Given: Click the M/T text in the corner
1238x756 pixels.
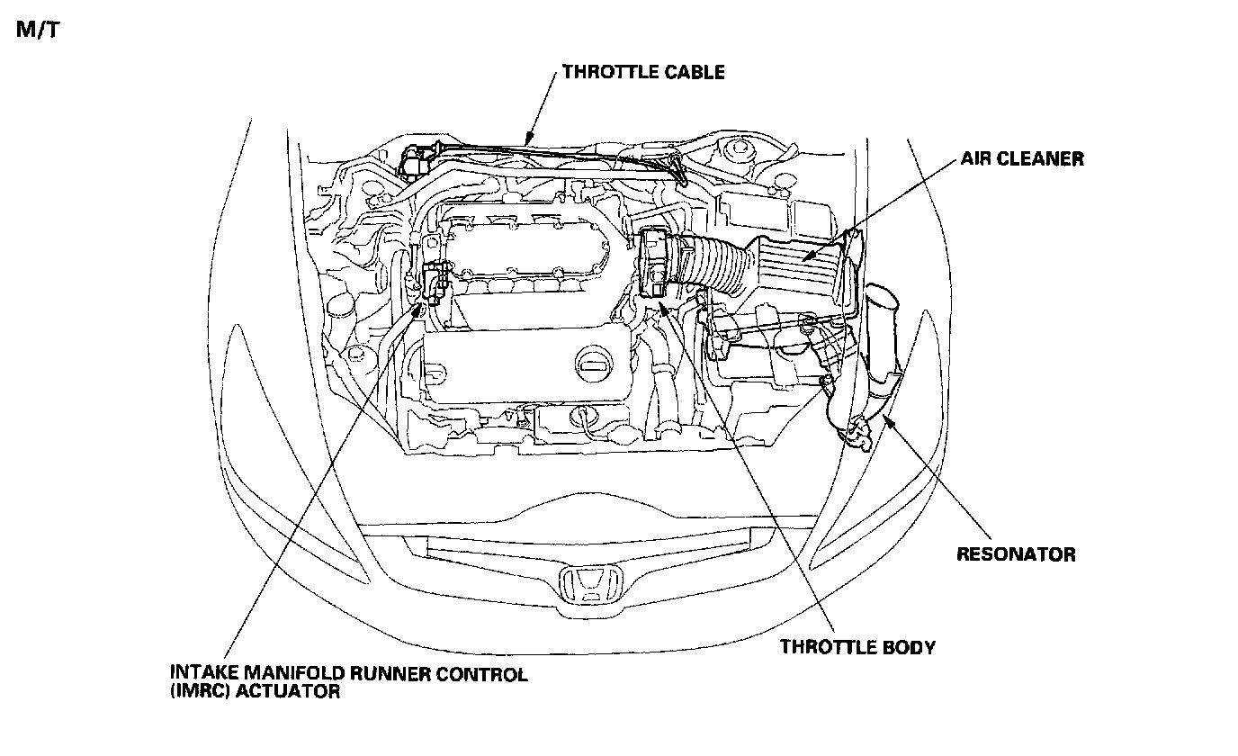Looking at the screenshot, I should [x=37, y=30].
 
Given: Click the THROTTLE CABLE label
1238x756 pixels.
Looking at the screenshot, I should [x=642, y=72].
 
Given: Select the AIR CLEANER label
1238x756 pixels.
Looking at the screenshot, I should [x=1021, y=159].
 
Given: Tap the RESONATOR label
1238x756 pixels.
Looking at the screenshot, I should [x=1015, y=554].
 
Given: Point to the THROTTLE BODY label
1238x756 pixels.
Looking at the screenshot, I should [x=857, y=646].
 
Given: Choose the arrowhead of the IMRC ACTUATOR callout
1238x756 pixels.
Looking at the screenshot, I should [x=419, y=309].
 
